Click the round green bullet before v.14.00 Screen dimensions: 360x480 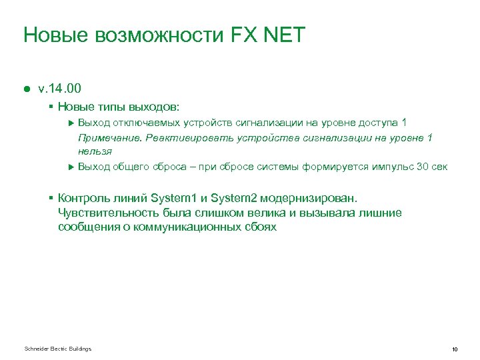(27, 88)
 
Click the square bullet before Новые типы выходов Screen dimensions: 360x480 (51, 106)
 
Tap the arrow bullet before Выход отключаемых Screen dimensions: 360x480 (71, 123)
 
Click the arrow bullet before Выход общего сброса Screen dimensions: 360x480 (71, 166)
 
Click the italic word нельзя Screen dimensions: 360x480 (95, 151)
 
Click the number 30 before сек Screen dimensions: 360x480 (422, 166)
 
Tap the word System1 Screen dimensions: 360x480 (173, 198)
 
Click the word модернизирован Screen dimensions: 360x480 (313, 198)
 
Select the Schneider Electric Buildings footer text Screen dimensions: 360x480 (57, 349)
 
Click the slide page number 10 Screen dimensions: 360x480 (454, 349)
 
